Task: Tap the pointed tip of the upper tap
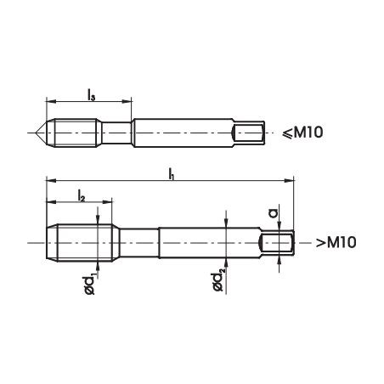(x=39, y=132)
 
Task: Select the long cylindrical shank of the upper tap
(x=183, y=132)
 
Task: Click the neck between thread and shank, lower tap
(x=135, y=242)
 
